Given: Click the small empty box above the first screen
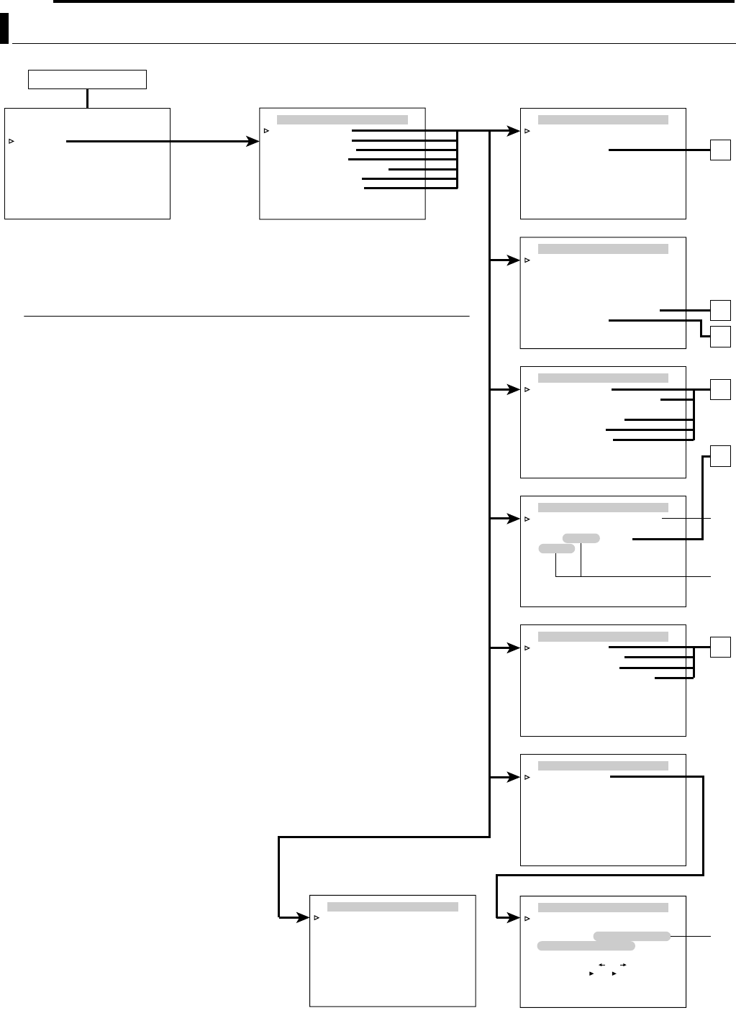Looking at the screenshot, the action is point(87,79).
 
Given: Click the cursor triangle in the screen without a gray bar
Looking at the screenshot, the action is point(12,142).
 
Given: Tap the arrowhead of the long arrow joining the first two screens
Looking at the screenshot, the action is point(253,142).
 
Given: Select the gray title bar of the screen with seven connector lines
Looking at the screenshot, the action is point(342,119).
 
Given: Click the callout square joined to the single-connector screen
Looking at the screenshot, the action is point(720,150).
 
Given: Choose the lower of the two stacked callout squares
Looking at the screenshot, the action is point(720,335).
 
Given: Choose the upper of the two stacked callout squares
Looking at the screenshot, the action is point(720,310).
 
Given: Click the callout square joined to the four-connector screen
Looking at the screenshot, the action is point(720,647).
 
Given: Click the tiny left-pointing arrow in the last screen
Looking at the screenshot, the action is point(601,964).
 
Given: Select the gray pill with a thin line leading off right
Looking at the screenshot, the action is point(632,936).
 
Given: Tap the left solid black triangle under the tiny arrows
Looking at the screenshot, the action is point(591,973).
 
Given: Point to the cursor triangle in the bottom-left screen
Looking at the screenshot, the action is point(317,917).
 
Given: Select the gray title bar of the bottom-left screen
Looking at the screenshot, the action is point(393,906).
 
